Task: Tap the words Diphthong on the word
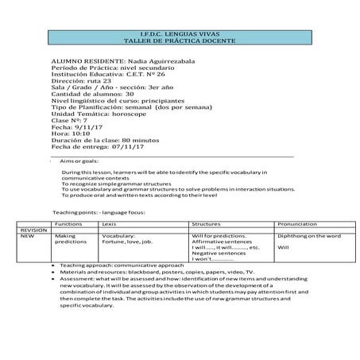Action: click(x=309, y=236)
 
